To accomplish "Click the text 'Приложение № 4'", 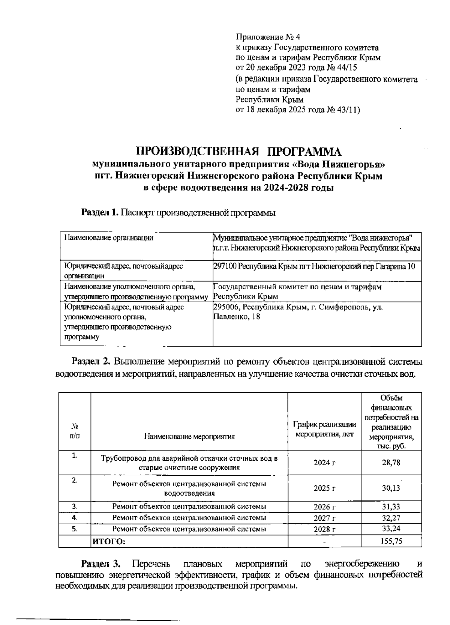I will tap(268, 37).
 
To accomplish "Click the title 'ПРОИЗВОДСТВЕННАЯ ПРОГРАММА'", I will tap(238, 152).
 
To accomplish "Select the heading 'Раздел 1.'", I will tap(100, 213).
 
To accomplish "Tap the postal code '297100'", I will tap(225, 266).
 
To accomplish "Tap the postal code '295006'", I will tap(225, 307).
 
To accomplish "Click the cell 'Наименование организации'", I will tap(109, 237).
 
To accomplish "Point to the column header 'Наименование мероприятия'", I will tap(189, 436).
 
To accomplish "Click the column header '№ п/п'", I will tap(75, 431).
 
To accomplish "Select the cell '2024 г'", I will tap(324, 463).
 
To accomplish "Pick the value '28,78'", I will tap(391, 463).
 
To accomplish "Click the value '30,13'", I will tap(391, 488).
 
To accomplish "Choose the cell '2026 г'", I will tap(324, 507).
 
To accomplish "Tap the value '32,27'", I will tap(391, 518).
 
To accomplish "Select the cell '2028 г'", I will tap(324, 529).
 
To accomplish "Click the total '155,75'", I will tap(391, 541).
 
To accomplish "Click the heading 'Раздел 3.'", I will tap(101, 564).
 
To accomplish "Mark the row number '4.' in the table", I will tap(75, 518).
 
